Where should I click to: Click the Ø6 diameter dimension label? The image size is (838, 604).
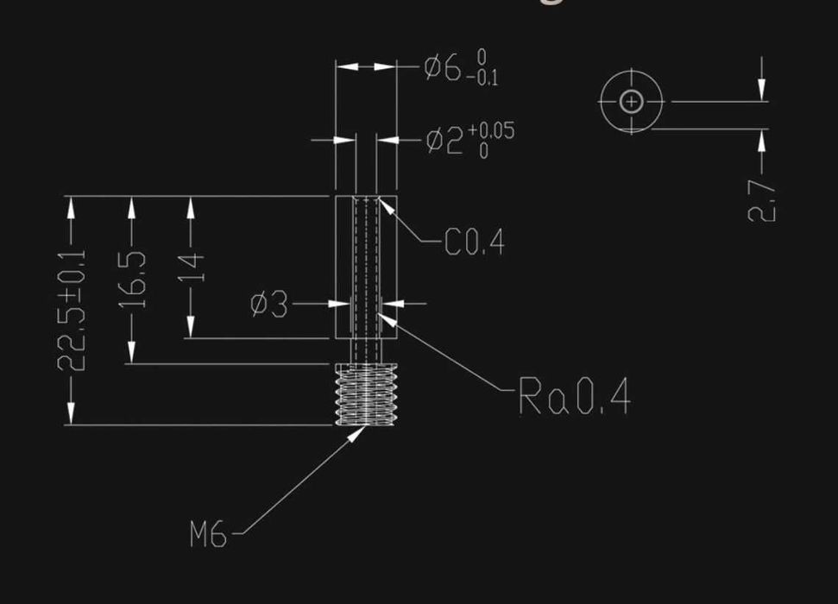444,68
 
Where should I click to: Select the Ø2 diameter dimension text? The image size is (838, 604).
444,140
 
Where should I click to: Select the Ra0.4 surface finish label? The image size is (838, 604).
574,396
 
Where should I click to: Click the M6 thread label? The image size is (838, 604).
208,535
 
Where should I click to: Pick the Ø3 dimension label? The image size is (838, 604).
269,304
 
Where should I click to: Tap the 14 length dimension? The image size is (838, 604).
192,267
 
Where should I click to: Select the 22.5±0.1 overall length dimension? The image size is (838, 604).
71,310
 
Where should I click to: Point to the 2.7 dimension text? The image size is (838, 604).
761,200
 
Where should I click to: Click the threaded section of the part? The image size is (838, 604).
366,394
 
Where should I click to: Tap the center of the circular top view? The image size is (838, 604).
632,102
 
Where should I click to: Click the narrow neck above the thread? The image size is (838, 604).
366,351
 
